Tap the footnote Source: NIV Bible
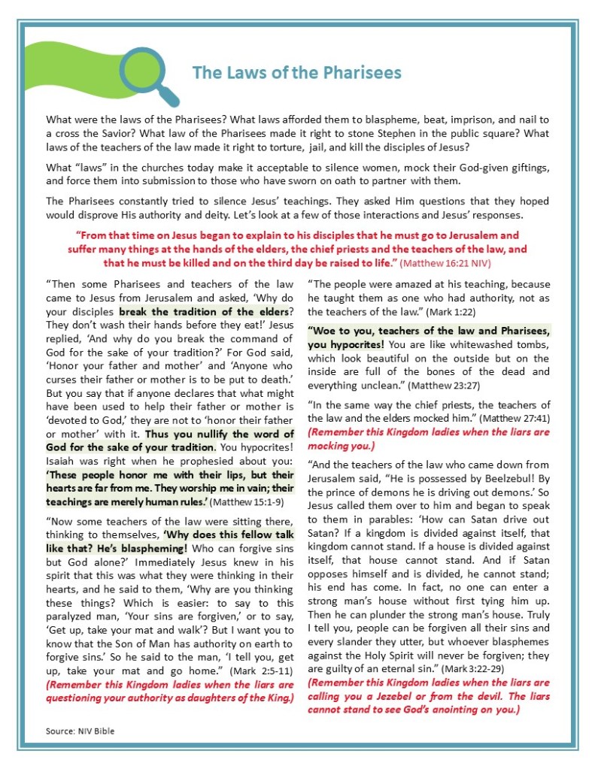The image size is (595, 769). [80, 730]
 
